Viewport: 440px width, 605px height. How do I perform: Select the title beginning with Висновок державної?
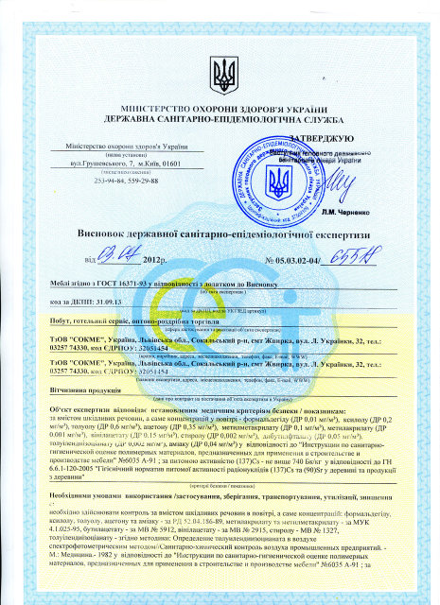click(x=220, y=233)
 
